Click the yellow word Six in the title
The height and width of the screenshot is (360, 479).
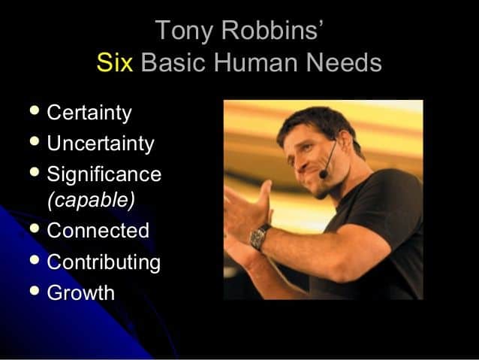(115, 62)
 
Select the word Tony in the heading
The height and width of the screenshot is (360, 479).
(184, 31)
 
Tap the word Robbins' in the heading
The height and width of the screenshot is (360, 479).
(273, 29)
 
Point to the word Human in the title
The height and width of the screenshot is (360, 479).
(256, 62)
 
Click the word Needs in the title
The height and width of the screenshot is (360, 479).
(344, 62)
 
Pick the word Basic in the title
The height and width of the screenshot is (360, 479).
(173, 62)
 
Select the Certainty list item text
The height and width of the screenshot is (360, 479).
(89, 113)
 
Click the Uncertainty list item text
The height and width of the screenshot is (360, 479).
(101, 144)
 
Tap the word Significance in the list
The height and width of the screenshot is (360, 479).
(104, 174)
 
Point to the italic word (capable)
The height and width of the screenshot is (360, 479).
(91, 201)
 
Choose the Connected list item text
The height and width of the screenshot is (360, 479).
(98, 230)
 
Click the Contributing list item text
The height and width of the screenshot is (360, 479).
(104, 262)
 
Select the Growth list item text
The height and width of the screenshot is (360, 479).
(80, 292)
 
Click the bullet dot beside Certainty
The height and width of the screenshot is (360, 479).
(35, 110)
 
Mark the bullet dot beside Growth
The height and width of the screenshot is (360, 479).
(35, 290)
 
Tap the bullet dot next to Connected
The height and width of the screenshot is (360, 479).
(35, 228)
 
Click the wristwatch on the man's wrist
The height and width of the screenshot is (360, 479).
(259, 237)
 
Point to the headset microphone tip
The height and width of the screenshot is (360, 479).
(323, 174)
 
